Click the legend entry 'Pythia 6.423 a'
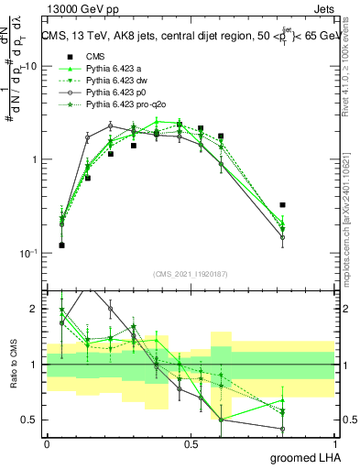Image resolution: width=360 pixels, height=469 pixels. tap(115, 69)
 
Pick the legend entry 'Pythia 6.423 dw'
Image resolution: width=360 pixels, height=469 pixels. tap(118, 81)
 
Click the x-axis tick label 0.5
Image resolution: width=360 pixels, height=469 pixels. tap(191, 443)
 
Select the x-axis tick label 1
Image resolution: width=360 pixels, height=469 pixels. tap(335, 443)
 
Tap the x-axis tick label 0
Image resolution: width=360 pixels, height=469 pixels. tap(47, 443)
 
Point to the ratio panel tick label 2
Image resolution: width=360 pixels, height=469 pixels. tap(36, 309)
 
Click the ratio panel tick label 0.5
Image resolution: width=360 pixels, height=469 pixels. tap(31, 420)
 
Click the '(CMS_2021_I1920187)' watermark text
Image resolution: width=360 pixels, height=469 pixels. tap(191, 273)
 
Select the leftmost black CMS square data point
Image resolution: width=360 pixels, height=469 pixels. tap(61, 245)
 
